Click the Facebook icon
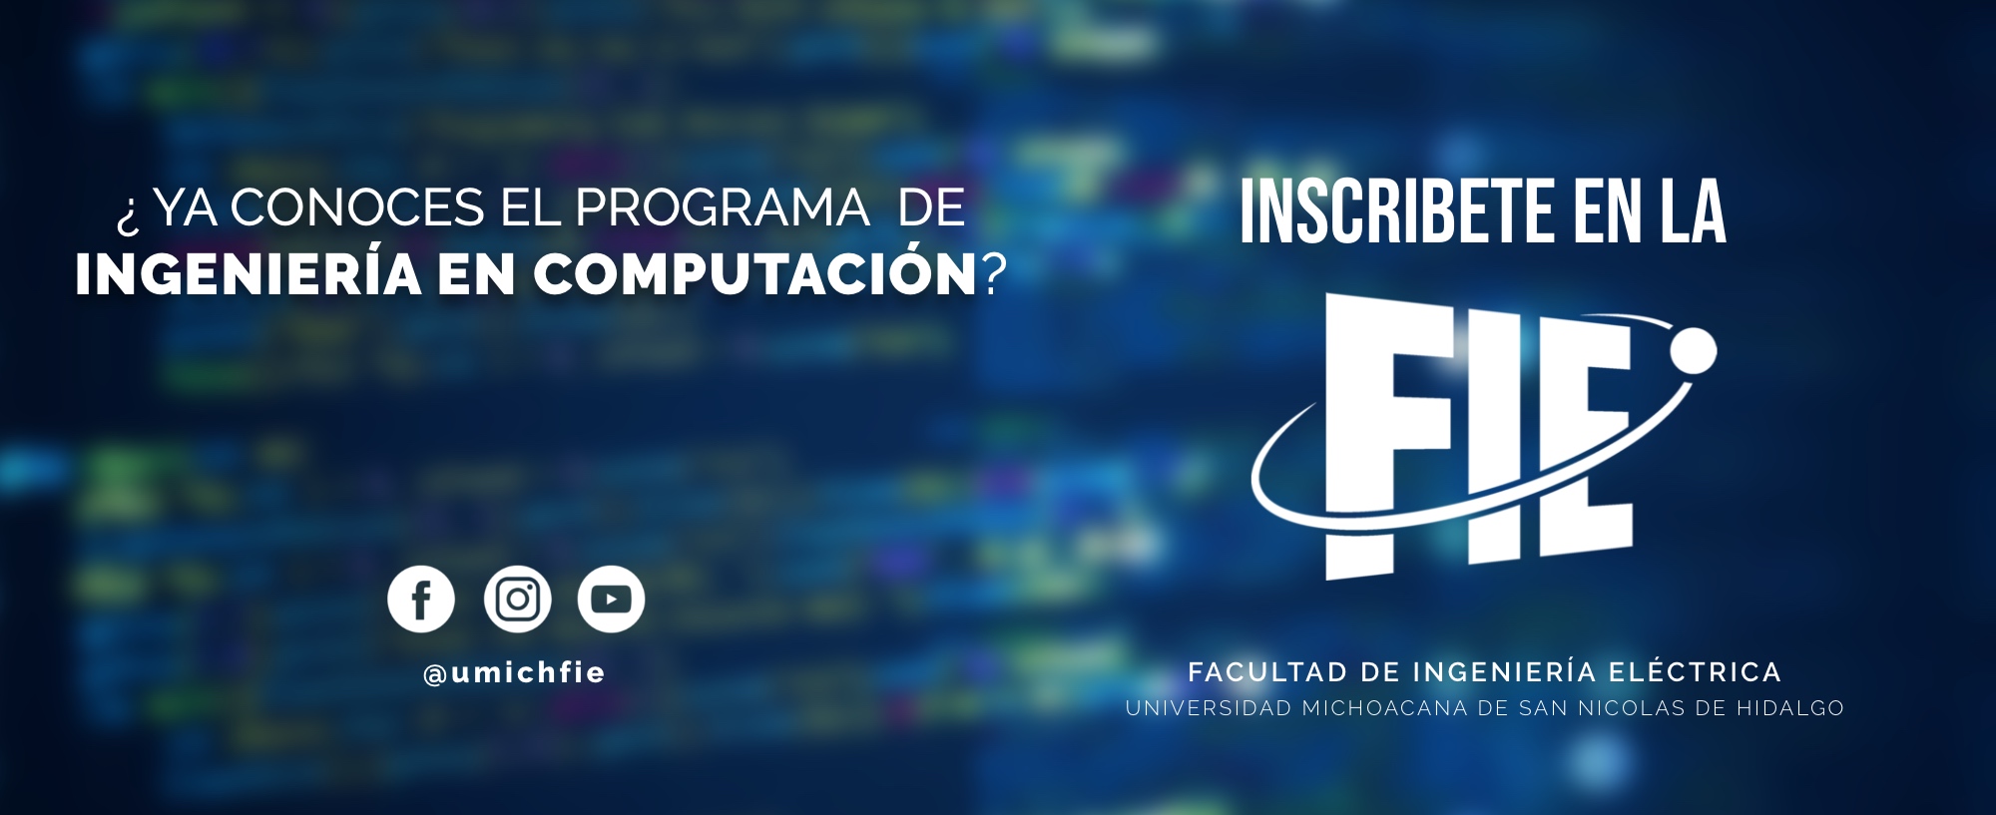tap(421, 600)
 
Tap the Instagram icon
tap(517, 600)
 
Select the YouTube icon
tap(611, 600)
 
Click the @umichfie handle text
tap(514, 674)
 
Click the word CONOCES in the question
tap(357, 208)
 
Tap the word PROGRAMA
tap(722, 208)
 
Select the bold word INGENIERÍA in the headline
tap(249, 272)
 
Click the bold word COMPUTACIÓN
tap(754, 272)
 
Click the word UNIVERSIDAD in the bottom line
tap(1209, 708)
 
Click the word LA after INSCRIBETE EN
tap(1694, 211)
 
